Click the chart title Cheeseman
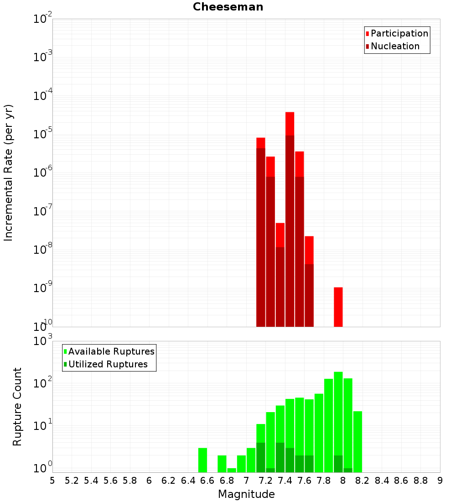click(228, 7)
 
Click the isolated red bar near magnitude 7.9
click(338, 307)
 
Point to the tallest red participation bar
click(290, 123)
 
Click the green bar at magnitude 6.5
click(202, 460)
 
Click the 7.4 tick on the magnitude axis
click(285, 480)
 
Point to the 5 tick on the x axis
click(52, 480)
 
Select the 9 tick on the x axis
click(440, 480)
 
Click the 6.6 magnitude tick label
click(207, 480)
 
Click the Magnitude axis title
click(246, 494)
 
